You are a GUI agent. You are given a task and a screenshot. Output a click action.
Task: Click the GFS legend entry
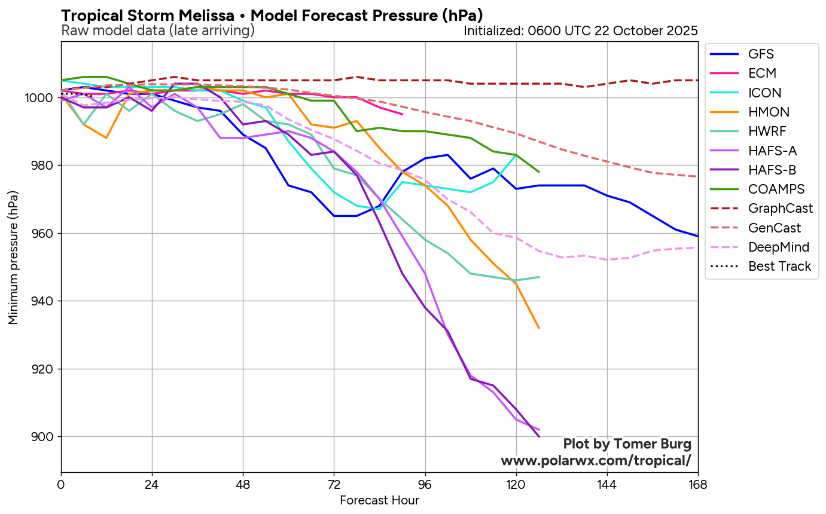point(760,54)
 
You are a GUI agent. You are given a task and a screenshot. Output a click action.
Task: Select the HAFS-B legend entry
point(772,170)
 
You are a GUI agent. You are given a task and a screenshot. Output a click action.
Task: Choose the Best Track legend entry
point(779,266)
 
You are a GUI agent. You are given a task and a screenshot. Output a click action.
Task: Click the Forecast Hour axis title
point(379,500)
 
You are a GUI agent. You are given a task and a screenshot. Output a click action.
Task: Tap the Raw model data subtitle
point(158,30)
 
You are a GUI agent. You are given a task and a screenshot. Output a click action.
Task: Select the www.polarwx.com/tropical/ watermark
point(596,461)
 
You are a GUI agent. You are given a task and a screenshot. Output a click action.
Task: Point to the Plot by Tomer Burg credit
point(627,444)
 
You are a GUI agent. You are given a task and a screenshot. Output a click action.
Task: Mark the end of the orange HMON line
point(539,328)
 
